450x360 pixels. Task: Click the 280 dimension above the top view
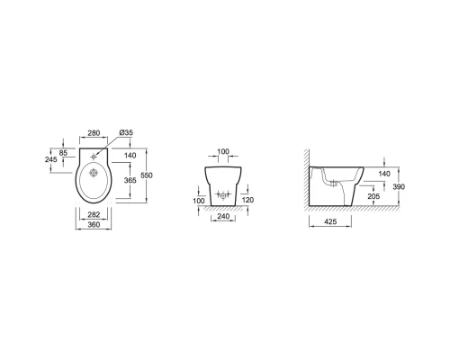[x=94, y=132]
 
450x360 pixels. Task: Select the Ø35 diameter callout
[x=126, y=132]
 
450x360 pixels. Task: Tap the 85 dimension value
[x=63, y=153]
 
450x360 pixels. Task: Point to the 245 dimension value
[x=51, y=159]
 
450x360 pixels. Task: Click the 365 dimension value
[x=130, y=180]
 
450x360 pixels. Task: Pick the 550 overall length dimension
[x=147, y=175]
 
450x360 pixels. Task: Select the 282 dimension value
[x=94, y=214]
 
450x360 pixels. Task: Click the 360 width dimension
[x=94, y=224]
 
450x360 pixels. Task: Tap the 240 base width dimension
[x=223, y=216]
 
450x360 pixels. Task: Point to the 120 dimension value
[x=247, y=200]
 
